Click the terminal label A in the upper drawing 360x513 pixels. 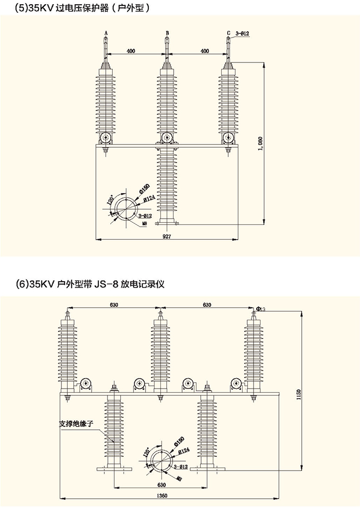coord(106,33)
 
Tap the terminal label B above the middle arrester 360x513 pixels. coord(167,33)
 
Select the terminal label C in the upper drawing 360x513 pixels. coord(228,33)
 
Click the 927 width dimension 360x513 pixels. coord(167,237)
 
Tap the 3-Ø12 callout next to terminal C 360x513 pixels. coord(241,33)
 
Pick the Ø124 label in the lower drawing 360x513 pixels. coord(183,451)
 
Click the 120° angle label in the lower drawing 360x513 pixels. coord(146,453)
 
